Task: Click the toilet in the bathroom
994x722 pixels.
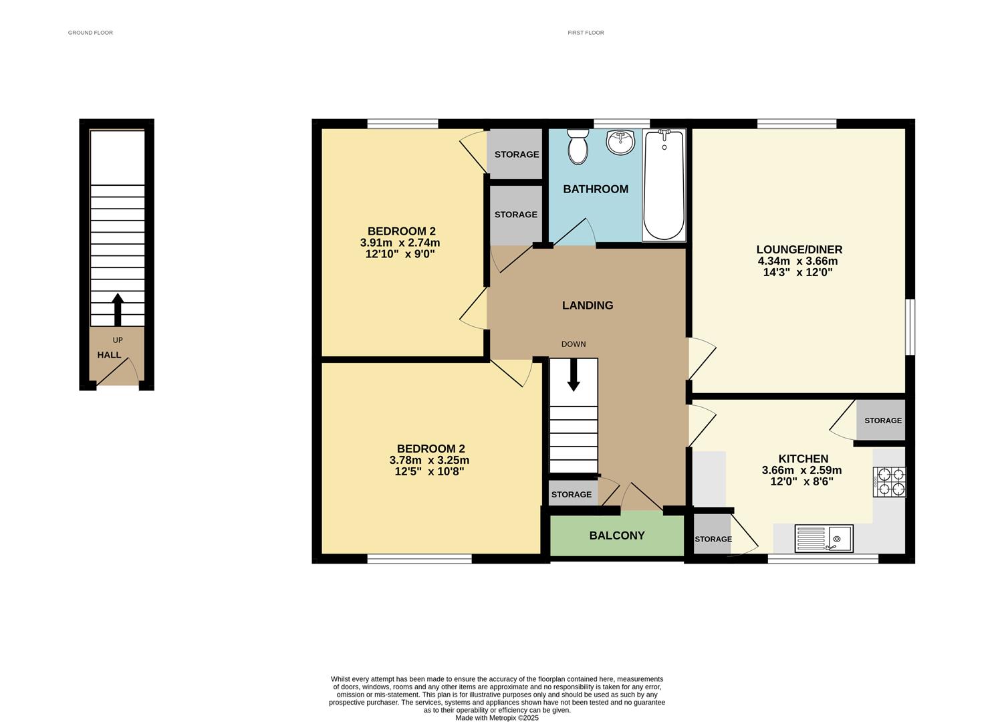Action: (577, 146)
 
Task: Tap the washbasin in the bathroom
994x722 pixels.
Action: (620, 142)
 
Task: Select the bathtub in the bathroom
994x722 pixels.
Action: (664, 185)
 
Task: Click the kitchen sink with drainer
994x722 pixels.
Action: (824, 538)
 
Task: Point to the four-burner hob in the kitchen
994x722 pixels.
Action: (889, 481)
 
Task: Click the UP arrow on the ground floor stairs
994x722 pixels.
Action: (118, 308)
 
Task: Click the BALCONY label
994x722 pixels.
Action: (616, 535)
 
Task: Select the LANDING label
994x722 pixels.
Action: (587, 306)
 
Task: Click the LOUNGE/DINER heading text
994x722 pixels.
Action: (799, 250)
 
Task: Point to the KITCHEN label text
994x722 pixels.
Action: (803, 459)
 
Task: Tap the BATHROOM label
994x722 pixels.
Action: (595, 189)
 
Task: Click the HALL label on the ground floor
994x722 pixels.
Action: (109, 355)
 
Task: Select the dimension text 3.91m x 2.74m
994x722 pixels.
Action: (400, 243)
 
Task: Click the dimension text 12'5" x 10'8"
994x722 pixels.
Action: (429, 471)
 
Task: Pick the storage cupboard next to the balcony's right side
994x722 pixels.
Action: (713, 534)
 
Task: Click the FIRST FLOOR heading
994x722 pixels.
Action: (586, 33)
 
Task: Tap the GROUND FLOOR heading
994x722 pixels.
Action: (90, 33)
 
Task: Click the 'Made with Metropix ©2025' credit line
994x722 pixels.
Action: (497, 718)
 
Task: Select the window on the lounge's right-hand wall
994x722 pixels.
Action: (910, 327)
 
